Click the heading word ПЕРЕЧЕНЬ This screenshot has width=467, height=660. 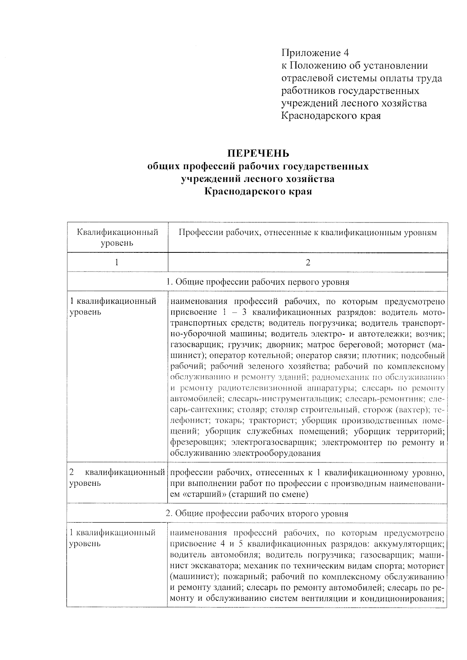pos(258,153)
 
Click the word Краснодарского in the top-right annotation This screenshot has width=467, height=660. pos(320,116)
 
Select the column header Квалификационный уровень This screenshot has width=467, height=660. pos(118,238)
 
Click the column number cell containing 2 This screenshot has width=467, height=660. pos(308,262)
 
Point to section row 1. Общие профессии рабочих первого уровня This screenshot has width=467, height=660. pos(258,282)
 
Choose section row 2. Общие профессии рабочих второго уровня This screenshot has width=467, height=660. pos(257,513)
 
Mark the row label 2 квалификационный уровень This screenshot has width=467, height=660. pos(117,478)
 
